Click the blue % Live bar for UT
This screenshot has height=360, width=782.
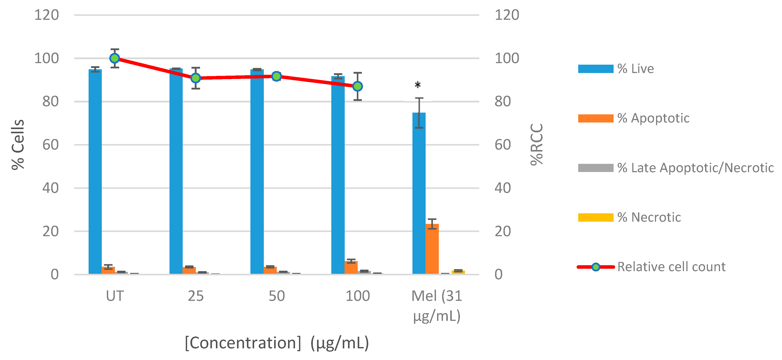[x=95, y=172]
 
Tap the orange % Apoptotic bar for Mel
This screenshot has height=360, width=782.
[x=432, y=249]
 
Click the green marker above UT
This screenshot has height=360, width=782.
[x=115, y=58]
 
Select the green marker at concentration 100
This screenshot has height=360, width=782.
[x=358, y=86]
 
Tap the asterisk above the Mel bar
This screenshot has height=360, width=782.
[x=418, y=85]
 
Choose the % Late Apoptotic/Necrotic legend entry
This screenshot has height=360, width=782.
[x=695, y=168]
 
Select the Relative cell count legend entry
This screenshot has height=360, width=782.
[x=671, y=267]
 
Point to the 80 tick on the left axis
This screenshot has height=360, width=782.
[x=50, y=101]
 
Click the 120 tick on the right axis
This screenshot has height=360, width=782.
[x=507, y=15]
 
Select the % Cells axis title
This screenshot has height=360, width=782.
[x=18, y=144]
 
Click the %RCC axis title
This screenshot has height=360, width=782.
[x=537, y=144]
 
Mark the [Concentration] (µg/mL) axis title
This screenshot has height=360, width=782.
[x=277, y=343]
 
